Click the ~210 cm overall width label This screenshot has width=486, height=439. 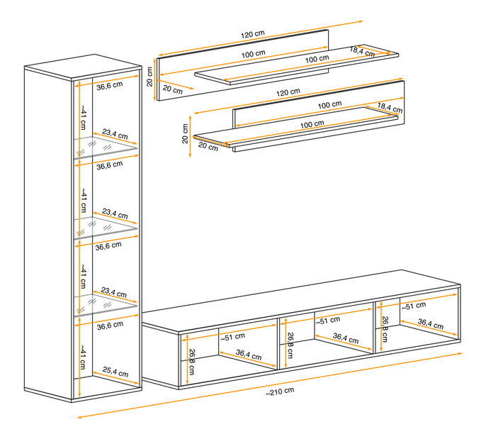click(x=280, y=391)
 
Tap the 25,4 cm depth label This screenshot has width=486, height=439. click(x=115, y=372)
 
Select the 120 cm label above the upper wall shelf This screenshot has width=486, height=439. click(x=253, y=34)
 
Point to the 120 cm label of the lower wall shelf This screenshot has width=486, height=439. click(x=288, y=92)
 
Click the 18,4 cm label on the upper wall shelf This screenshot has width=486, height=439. click(x=362, y=52)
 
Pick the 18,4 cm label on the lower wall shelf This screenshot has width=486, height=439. click(x=390, y=108)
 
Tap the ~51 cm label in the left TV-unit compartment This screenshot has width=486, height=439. click(x=233, y=337)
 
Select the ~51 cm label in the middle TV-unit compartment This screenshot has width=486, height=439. click(x=328, y=321)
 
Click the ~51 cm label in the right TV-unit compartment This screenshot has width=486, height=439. click(x=414, y=306)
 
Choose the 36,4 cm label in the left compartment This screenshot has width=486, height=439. click(x=249, y=355)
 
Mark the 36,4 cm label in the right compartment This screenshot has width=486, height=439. click(x=431, y=324)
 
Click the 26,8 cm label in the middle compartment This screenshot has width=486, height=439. click(x=290, y=345)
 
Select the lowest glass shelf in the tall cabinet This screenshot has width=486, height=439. click(x=106, y=305)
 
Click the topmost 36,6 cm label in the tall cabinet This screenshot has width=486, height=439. click(x=109, y=86)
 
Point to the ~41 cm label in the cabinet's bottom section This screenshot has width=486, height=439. click(x=83, y=357)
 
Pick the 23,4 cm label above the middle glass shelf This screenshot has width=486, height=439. click(x=115, y=213)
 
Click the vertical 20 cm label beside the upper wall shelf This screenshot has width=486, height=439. click(x=150, y=77)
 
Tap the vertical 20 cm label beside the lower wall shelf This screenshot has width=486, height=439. click(x=186, y=133)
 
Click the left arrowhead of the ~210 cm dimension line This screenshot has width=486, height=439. click(x=77, y=418)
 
